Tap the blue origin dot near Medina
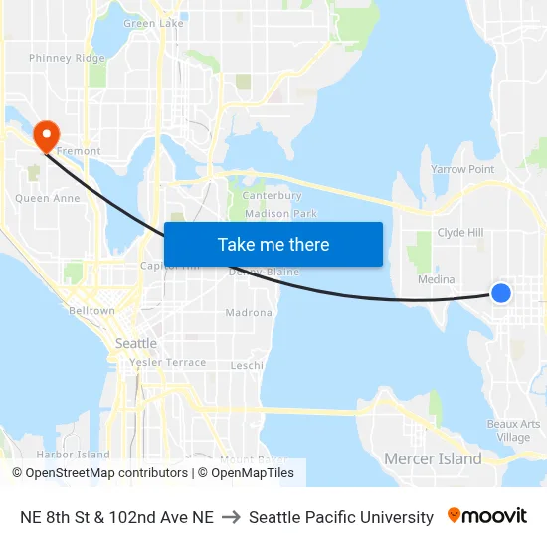[x=501, y=292]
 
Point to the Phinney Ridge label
[x=67, y=59]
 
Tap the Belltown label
[x=91, y=311]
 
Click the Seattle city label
[x=136, y=343]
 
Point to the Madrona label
[x=249, y=313]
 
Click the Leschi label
[x=247, y=366]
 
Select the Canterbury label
[x=272, y=196]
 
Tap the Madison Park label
[x=280, y=214]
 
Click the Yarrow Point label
[x=462, y=170]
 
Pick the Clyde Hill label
[x=460, y=233]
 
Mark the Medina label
[x=437, y=280]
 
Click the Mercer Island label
[x=433, y=458]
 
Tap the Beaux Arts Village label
[x=514, y=431]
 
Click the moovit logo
[x=487, y=516]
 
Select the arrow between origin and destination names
[x=231, y=517]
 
